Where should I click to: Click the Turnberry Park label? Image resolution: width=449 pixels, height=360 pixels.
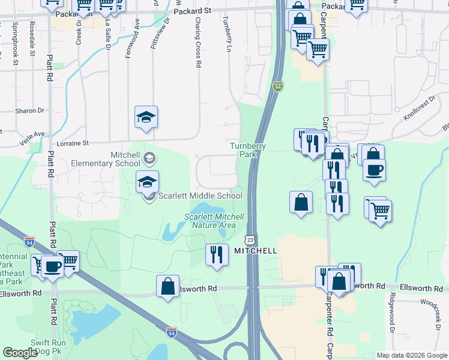(x=243, y=150)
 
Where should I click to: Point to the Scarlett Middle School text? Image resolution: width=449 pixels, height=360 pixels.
(x=200, y=195)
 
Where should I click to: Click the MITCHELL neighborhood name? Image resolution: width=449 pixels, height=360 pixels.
(x=255, y=251)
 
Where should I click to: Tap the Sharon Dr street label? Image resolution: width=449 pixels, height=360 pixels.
(x=30, y=111)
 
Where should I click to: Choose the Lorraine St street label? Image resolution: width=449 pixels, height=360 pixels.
(x=72, y=143)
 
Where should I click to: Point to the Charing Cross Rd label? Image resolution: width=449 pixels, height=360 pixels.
(x=197, y=41)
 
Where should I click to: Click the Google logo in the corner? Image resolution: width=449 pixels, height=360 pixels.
(x=20, y=353)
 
